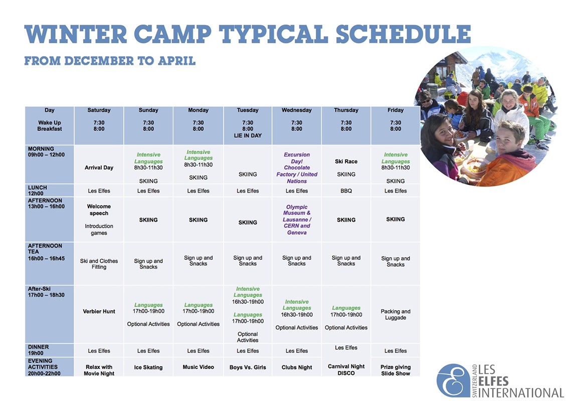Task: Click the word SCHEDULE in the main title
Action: pyautogui.click(x=403, y=34)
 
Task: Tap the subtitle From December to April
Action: pyautogui.click(x=110, y=61)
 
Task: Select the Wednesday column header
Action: pyautogui.click(x=297, y=110)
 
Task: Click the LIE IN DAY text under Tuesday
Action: pyautogui.click(x=248, y=136)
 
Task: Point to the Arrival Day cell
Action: pyautogui.click(x=99, y=168)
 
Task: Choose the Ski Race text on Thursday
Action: pyautogui.click(x=346, y=162)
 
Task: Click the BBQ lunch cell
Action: pyautogui.click(x=346, y=191)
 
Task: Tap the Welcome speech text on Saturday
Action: pyautogui.click(x=99, y=210)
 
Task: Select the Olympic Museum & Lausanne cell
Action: pyautogui.click(x=297, y=220)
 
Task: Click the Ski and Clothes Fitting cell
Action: pyautogui.click(x=99, y=264)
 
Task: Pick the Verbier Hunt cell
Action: pyautogui.click(x=99, y=311)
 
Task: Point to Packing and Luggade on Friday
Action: pyautogui.click(x=396, y=314)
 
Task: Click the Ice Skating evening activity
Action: pyautogui.click(x=148, y=367)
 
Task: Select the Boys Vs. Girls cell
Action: pyautogui.click(x=248, y=367)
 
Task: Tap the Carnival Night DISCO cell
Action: pyautogui.click(x=346, y=369)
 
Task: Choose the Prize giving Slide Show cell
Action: pyautogui.click(x=396, y=370)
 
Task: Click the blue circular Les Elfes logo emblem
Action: pyautogui.click(x=453, y=380)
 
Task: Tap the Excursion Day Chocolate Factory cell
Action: pyautogui.click(x=297, y=168)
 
